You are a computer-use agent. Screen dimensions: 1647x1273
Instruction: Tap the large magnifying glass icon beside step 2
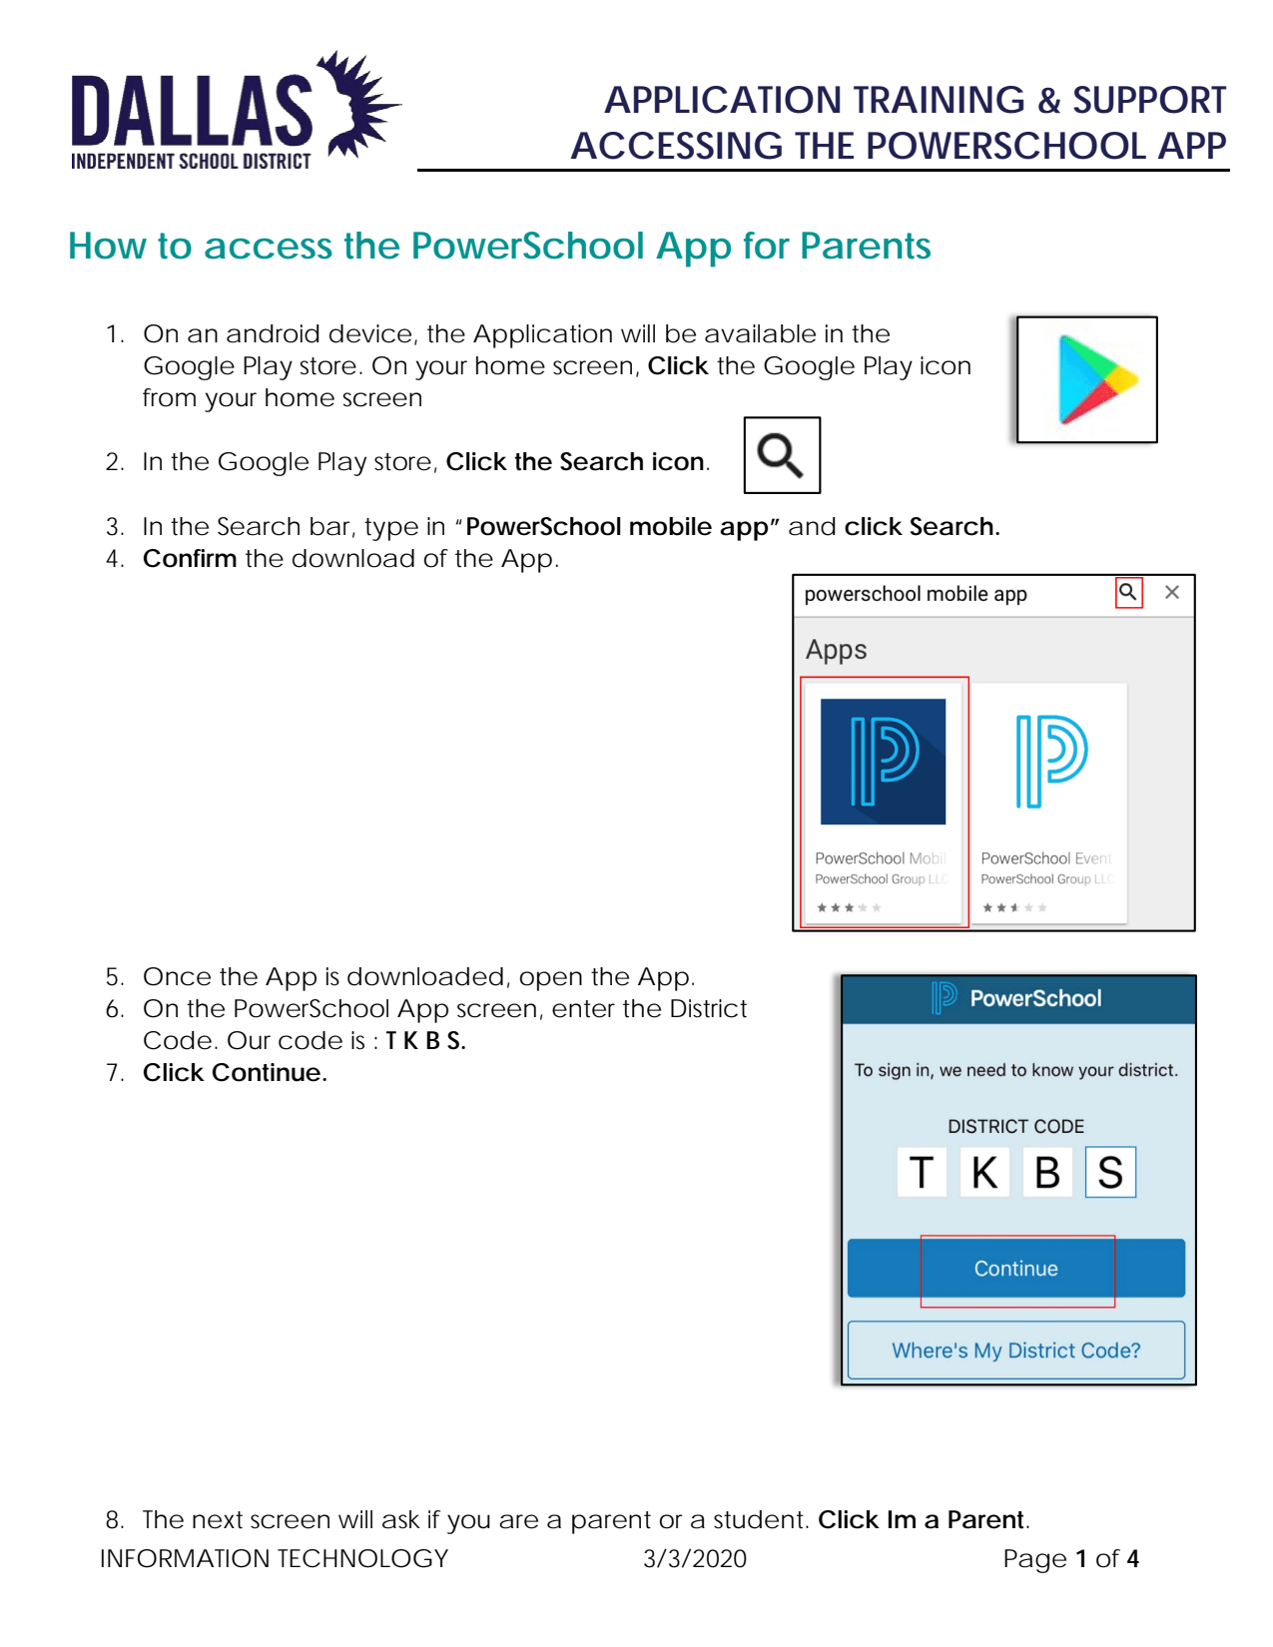point(781,456)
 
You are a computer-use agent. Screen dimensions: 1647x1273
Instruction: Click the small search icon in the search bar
point(1128,592)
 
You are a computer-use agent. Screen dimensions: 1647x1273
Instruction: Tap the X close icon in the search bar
point(1172,592)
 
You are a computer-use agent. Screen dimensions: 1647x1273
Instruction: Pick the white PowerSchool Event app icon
point(1050,762)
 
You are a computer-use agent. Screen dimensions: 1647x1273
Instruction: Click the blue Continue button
point(1015,1269)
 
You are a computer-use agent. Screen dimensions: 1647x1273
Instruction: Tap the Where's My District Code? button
point(1015,1351)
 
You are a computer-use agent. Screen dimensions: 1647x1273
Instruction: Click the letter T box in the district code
point(922,1172)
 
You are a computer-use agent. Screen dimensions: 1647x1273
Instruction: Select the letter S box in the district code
point(1110,1172)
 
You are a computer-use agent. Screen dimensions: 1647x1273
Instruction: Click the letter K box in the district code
point(984,1172)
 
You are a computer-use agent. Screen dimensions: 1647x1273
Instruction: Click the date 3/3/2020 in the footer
point(694,1559)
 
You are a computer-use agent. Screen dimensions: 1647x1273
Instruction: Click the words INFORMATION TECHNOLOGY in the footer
point(274,1559)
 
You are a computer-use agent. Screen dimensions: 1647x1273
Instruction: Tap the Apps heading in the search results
point(836,650)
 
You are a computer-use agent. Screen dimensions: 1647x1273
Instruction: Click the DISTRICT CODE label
point(1015,1127)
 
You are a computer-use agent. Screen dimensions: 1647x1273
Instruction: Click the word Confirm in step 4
point(190,559)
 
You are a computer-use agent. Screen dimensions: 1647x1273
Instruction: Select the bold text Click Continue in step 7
point(235,1073)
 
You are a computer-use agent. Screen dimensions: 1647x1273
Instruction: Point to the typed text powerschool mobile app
point(915,594)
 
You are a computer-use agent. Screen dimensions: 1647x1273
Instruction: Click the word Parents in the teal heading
point(865,247)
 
